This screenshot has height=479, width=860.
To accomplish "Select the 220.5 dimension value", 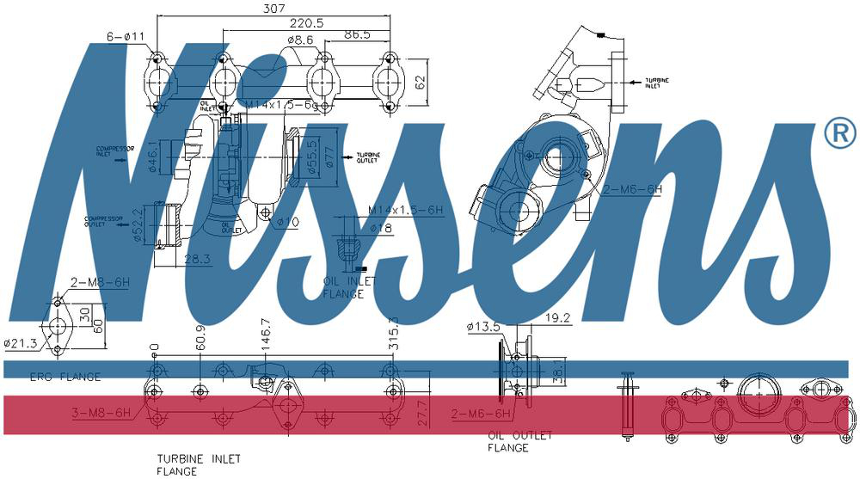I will pos(306,23).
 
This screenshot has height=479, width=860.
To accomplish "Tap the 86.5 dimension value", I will pos(356,35).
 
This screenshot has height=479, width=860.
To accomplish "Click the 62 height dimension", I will pos(421,83).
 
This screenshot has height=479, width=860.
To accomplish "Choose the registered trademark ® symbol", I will pos(839,132).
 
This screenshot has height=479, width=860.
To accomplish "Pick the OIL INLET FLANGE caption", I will pos(342,287).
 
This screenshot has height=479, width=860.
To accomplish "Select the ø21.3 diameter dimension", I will pos(21,343).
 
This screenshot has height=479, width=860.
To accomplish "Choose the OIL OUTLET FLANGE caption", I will pos(508,442).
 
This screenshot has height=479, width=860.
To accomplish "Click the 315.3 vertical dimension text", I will pos(394,333).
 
